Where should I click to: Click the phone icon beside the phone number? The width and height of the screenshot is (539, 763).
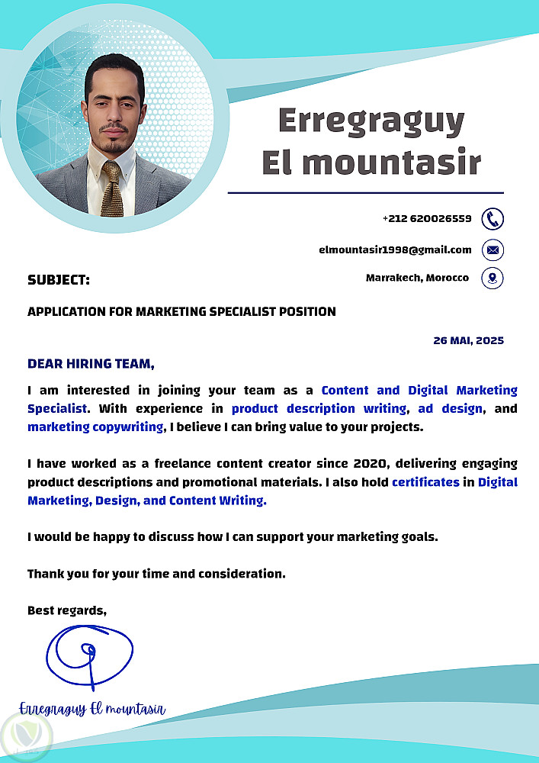[x=492, y=219]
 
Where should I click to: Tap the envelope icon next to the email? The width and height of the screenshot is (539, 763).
[x=492, y=250]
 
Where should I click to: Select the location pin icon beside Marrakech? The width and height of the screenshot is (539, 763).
[x=492, y=278]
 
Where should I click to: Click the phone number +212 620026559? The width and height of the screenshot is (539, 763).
[x=427, y=219]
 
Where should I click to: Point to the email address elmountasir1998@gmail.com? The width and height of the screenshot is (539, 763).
[x=395, y=250]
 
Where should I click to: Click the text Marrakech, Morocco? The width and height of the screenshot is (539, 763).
[x=417, y=278]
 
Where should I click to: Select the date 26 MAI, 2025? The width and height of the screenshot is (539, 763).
[x=468, y=340]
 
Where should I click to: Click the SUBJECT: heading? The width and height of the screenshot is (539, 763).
[x=59, y=280]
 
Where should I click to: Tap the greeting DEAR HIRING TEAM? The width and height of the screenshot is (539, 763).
[x=91, y=363]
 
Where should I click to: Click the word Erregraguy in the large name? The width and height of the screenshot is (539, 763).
[x=371, y=121]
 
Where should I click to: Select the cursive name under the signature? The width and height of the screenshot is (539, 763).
[x=91, y=709]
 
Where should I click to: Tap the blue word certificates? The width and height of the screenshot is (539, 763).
[x=425, y=481]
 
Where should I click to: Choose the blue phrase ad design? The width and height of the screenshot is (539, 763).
[x=451, y=408]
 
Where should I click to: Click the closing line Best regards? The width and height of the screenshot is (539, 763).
[x=67, y=610]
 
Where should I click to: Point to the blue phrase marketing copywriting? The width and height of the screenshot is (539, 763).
[x=95, y=427]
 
